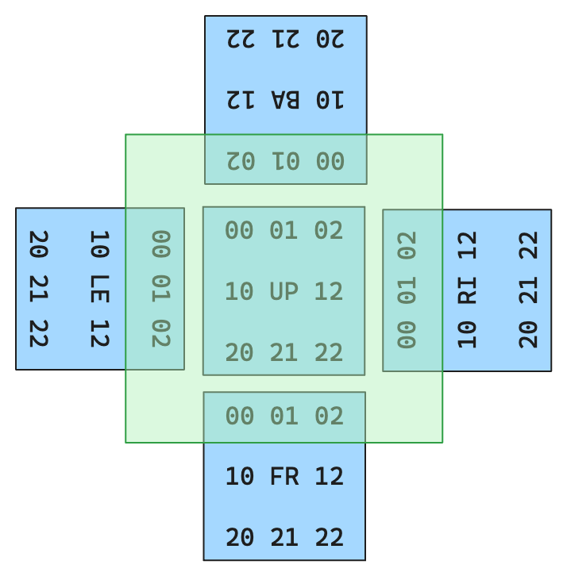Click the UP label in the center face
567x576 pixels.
pos(283,291)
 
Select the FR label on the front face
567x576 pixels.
pos(283,476)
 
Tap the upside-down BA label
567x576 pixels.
pos(285,99)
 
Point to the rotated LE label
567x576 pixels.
pos(99,288)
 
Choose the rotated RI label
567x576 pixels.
pos(467,290)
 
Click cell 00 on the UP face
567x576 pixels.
pos(239,230)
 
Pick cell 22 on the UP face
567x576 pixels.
pos(329,351)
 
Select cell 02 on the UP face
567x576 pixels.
pos(329,230)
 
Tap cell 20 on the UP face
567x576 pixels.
pos(239,351)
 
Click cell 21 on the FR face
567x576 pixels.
pos(283,537)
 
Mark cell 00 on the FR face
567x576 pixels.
pos(239,416)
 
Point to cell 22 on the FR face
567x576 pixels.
pos(329,537)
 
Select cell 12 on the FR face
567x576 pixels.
pos(329,476)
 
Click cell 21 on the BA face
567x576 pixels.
pos(285,38)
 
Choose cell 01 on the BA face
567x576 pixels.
pos(285,160)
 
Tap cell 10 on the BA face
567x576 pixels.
pos(330,99)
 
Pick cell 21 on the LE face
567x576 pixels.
pos(39,288)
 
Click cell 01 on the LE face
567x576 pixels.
pos(160,288)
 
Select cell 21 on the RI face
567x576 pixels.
pos(528,290)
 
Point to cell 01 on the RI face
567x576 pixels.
pos(407,290)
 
